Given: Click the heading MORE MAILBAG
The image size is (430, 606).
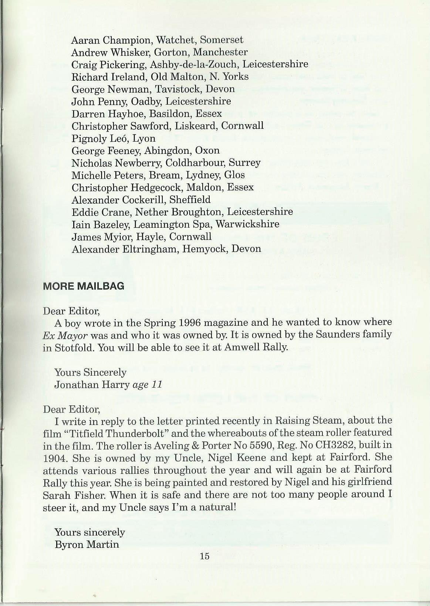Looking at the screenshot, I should [x=84, y=286].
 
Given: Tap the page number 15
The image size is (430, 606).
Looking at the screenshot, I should [x=204, y=556].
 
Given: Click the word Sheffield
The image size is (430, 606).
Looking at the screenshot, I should [x=190, y=200].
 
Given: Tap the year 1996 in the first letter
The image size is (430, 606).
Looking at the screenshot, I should [x=189, y=322].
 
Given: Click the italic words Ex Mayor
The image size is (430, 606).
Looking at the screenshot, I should [x=65, y=336].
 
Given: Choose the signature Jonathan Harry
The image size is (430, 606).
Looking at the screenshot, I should [x=92, y=385].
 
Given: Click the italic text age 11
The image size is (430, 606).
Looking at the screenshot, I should [x=147, y=385].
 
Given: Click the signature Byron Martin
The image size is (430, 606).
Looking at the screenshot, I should [x=87, y=545].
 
